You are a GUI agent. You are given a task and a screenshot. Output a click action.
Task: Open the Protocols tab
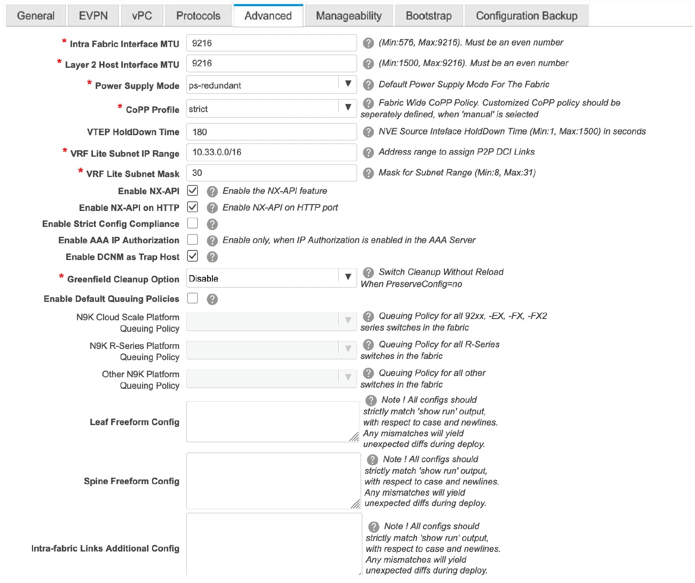[198, 16]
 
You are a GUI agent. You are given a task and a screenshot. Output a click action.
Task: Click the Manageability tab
[348, 16]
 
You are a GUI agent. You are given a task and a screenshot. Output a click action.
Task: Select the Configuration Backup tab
[526, 16]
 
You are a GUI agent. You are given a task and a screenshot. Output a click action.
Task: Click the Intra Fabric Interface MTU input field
[271, 43]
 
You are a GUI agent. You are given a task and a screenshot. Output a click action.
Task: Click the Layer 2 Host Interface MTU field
[271, 63]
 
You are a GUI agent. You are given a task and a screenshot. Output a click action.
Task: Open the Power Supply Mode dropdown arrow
[348, 84]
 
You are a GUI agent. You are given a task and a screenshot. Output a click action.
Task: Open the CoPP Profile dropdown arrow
[348, 107]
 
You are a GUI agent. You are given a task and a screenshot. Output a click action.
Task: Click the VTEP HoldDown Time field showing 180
[271, 132]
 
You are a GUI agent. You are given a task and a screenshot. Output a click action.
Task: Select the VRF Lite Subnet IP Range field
[271, 152]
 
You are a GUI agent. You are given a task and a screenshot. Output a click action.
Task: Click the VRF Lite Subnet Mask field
[271, 173]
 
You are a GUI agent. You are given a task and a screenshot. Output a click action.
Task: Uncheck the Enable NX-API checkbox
[193, 191]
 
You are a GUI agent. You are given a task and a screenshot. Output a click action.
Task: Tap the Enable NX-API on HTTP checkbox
[193, 207]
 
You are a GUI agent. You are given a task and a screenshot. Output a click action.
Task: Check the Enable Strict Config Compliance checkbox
[193, 223]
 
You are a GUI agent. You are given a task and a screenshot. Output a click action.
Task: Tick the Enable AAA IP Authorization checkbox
[193, 240]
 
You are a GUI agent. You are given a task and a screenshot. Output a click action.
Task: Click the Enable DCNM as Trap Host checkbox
[193, 256]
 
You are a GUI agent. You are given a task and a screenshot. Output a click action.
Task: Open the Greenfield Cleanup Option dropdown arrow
[348, 277]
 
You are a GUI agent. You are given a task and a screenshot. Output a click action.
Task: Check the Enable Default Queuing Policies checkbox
[193, 298]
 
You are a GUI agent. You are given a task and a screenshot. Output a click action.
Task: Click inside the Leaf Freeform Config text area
[271, 421]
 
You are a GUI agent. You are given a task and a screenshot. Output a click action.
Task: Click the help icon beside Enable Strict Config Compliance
[212, 224]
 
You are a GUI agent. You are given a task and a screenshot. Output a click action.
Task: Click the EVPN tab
[93, 16]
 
